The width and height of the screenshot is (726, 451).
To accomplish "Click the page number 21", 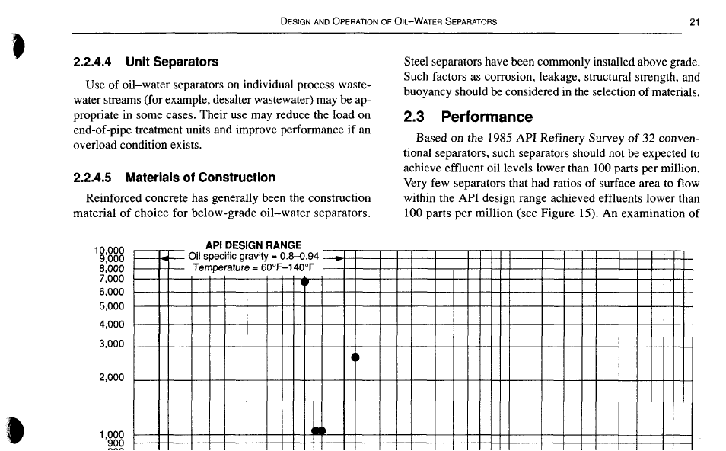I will click(x=694, y=22).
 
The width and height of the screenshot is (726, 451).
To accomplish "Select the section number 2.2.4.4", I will click(x=93, y=62).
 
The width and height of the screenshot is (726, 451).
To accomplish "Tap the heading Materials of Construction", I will click(x=200, y=178).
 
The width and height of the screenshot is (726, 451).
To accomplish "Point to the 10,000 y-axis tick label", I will click(x=108, y=251).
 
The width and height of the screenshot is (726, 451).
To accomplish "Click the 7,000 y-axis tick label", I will click(x=111, y=279).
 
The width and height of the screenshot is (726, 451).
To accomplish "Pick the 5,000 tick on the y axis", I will click(x=111, y=307).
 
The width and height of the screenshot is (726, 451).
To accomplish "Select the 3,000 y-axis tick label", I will click(x=111, y=344).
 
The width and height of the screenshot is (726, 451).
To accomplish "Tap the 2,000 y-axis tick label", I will click(x=111, y=378).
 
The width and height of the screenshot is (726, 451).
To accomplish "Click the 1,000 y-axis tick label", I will click(x=111, y=435).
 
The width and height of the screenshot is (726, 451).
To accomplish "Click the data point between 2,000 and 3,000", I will click(x=355, y=357).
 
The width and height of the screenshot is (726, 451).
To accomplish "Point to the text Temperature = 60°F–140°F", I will click(x=253, y=268).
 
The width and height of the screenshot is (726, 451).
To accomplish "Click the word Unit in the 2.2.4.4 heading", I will click(x=140, y=62).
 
